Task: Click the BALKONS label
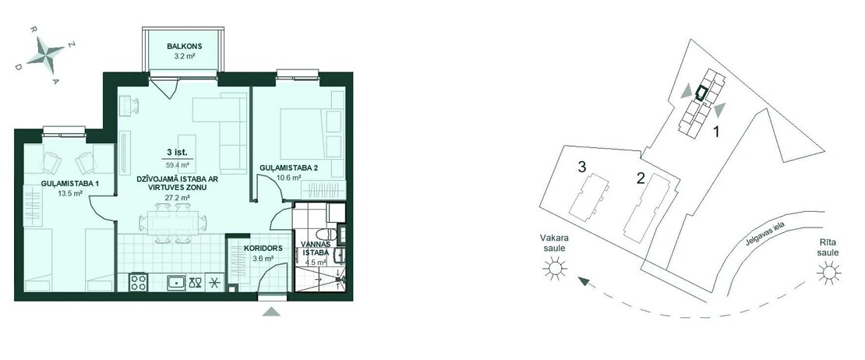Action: tap(182, 46)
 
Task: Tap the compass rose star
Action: tap(46, 55)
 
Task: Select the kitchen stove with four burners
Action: tap(139, 282)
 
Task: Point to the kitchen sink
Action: tap(176, 282)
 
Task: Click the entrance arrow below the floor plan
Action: tap(271, 312)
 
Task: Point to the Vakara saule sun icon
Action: tap(554, 269)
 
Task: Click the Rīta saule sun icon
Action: tap(828, 273)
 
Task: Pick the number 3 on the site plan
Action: tap(581, 167)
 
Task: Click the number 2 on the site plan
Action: tap(641, 178)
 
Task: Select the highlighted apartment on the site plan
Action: tap(701, 93)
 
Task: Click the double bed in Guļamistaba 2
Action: tap(304, 133)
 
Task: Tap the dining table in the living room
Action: tap(173, 223)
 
